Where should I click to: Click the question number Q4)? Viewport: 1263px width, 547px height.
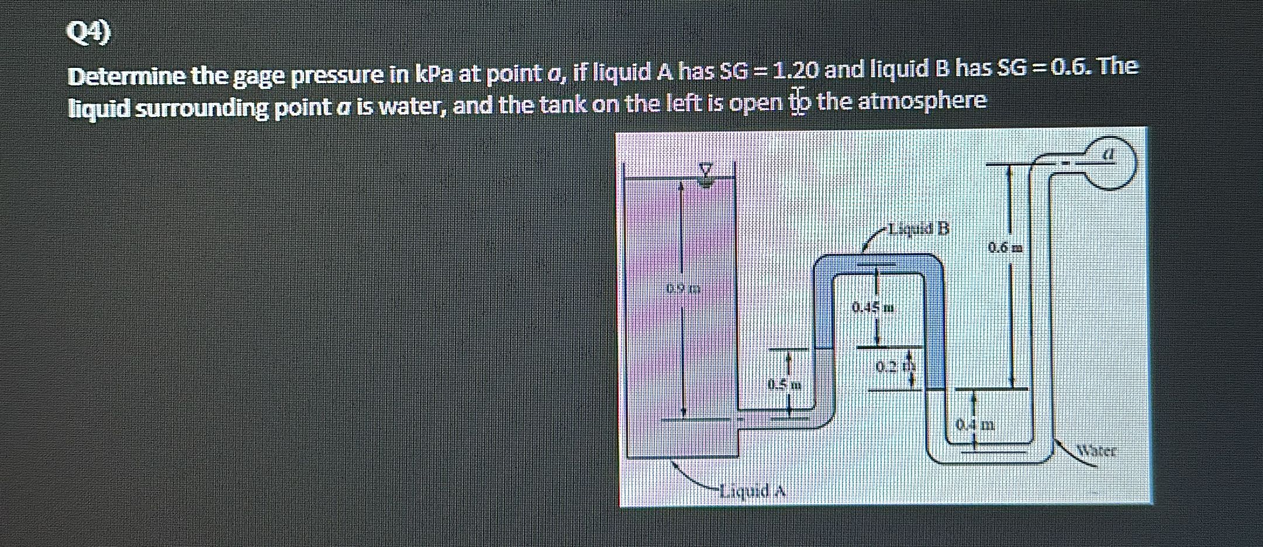(88, 33)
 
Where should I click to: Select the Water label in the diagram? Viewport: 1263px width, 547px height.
(1097, 451)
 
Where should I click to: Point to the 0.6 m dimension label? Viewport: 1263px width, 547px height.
(1006, 247)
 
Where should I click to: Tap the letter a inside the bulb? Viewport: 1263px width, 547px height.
(1107, 155)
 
